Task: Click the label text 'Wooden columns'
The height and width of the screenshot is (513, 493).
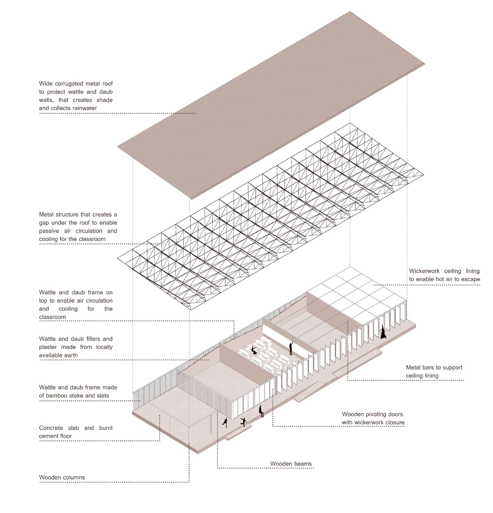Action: click(62, 477)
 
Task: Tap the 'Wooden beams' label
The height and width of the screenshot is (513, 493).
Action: click(291, 463)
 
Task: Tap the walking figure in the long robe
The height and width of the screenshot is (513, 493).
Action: click(383, 332)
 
